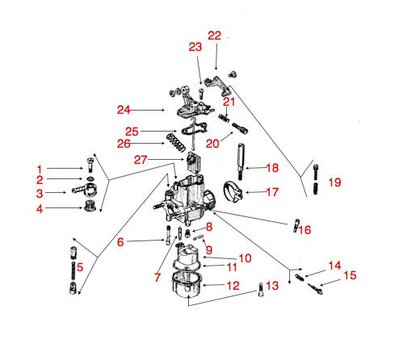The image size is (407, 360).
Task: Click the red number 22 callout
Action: point(214,36)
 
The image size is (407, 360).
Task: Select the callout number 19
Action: point(335,182)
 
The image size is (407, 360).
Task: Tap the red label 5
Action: point(80,267)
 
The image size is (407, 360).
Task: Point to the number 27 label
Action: point(141,160)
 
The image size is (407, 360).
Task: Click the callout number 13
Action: point(272,286)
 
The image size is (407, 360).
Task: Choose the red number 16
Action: point(304,230)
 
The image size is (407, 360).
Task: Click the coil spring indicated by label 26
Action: point(176,142)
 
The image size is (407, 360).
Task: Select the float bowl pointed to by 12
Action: point(187,284)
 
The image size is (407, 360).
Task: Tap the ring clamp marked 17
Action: point(233,191)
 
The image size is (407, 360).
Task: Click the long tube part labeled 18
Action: point(241,161)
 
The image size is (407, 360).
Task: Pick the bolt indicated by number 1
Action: point(90,165)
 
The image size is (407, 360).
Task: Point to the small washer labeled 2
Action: point(90,178)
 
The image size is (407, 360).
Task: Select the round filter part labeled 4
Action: point(90,207)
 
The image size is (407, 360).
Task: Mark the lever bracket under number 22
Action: point(217,86)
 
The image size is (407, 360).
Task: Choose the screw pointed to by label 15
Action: point(315,289)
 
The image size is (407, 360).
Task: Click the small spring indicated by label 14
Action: point(300,278)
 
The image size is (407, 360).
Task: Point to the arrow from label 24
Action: point(148,110)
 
